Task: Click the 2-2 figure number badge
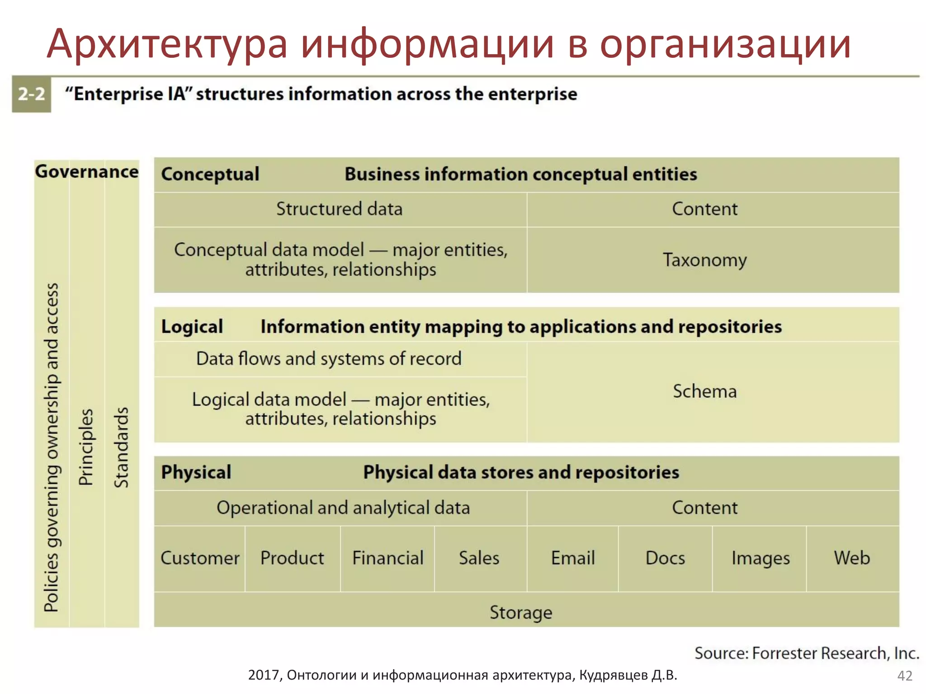coord(31,94)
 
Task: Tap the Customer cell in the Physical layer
coord(200,558)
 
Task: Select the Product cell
coord(293,558)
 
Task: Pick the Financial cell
coord(387,558)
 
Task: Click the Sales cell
coord(479,558)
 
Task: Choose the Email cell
coord(573,558)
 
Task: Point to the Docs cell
coord(665,558)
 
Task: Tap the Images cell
coord(761,558)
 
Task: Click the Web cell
coord(852,558)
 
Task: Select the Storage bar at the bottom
coord(521,612)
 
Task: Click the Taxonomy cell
coord(704,260)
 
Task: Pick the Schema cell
coord(704,391)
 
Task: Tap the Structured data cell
coord(340,209)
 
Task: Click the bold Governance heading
coord(87,172)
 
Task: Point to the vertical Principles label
coord(86,447)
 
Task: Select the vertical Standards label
coord(121,447)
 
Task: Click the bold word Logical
coord(192,327)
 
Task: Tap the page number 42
coord(905,676)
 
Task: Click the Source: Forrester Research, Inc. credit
coord(807,653)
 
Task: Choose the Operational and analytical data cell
coord(343,508)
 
